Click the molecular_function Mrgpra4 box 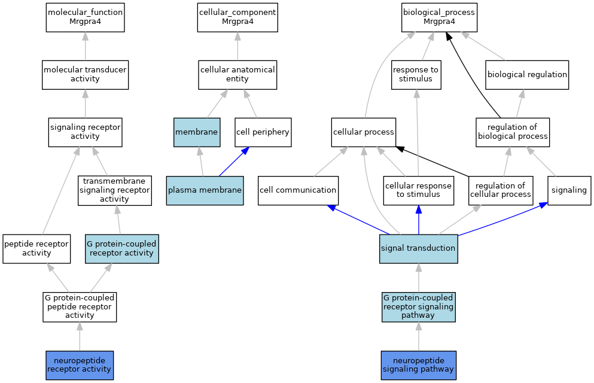pos(85,17)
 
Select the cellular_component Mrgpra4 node pos(237,17)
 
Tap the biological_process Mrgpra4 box pos(440,17)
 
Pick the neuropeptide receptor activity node pos(80,365)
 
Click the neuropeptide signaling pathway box pos(419,365)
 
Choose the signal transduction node pos(419,248)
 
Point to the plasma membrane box pos(205,190)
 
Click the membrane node pos(197,132)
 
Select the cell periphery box pos(263,132)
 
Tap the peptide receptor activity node pos(36,248)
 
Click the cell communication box pos(298,190)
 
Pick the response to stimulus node pos(416,75)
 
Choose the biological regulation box pos(528,75)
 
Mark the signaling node pos(569,190)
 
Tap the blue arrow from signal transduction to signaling pos(503,218)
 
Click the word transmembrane pos(114,181)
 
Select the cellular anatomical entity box pos(237,75)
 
